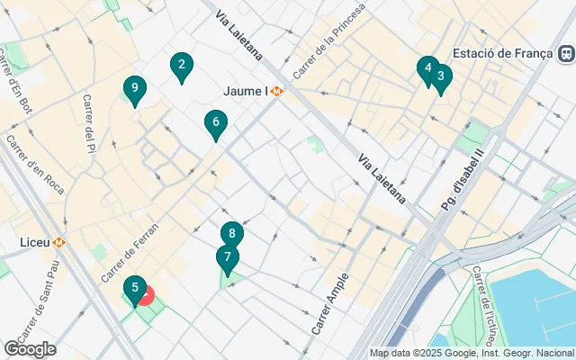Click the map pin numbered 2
tap(182, 66)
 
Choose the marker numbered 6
tap(215, 123)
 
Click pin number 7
tap(228, 258)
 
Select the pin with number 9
tap(134, 89)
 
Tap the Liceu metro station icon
tap(59, 242)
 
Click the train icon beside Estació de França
tap(565, 53)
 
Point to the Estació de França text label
tap(501, 52)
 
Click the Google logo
tap(31, 349)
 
